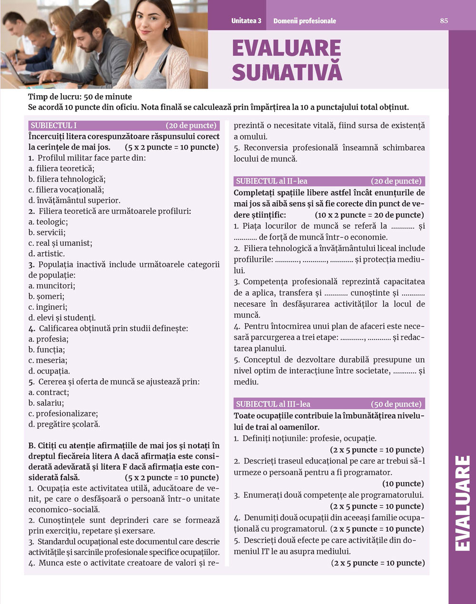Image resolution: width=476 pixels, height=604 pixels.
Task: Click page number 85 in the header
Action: point(444,20)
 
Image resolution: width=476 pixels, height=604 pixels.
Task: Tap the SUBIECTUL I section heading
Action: point(53,126)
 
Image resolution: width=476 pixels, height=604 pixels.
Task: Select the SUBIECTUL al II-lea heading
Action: point(271,181)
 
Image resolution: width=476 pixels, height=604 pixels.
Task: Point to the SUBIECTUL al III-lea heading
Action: point(273,404)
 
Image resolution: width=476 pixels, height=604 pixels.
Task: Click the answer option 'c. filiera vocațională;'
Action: point(66,190)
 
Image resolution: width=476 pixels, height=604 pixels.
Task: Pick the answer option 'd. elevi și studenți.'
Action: point(62,318)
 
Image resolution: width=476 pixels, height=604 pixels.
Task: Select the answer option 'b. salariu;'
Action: point(46,403)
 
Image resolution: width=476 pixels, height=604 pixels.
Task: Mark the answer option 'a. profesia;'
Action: point(49,339)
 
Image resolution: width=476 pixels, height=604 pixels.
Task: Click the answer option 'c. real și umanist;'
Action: point(60,243)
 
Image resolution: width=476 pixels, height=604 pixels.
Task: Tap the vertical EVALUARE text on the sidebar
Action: point(462,503)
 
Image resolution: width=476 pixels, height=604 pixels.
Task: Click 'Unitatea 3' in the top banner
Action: point(246,21)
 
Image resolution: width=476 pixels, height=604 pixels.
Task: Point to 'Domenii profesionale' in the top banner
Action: point(305,21)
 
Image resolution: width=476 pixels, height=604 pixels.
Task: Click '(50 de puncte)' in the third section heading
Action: point(396,404)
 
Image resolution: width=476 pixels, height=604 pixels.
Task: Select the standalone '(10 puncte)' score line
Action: point(403,483)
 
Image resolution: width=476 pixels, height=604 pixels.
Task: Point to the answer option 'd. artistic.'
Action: point(47,254)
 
